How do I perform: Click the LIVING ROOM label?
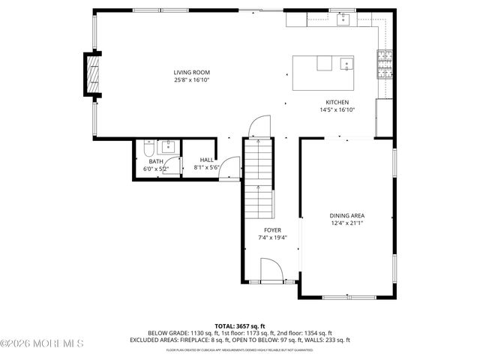point(192,72)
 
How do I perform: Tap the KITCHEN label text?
point(337,102)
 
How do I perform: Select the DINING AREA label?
point(347,216)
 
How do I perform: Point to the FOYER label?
point(272,229)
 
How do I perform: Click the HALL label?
point(206,160)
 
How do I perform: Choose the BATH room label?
point(155,161)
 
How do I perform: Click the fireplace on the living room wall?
point(91,75)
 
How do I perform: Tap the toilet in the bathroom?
point(149,148)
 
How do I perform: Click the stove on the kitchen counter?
point(385,64)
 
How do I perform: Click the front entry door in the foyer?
point(270,270)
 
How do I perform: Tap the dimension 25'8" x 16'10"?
point(192,79)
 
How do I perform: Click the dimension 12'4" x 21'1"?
point(347,223)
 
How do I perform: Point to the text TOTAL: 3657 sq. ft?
point(239,326)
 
